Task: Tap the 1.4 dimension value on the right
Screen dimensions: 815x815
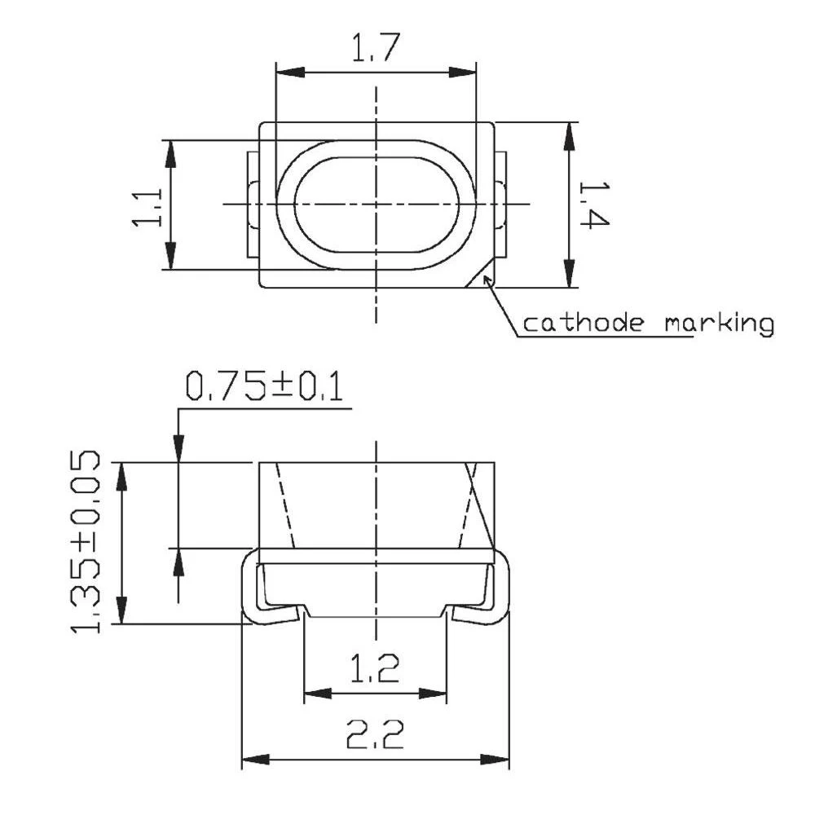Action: click(593, 205)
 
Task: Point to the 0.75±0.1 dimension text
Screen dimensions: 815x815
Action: click(264, 385)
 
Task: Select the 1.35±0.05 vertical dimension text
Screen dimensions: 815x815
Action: click(88, 544)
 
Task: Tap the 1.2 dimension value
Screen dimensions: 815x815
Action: click(376, 670)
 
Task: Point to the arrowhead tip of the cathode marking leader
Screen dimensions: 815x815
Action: click(487, 279)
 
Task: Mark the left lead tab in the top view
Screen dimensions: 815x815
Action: click(253, 204)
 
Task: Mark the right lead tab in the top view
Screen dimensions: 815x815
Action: click(500, 204)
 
